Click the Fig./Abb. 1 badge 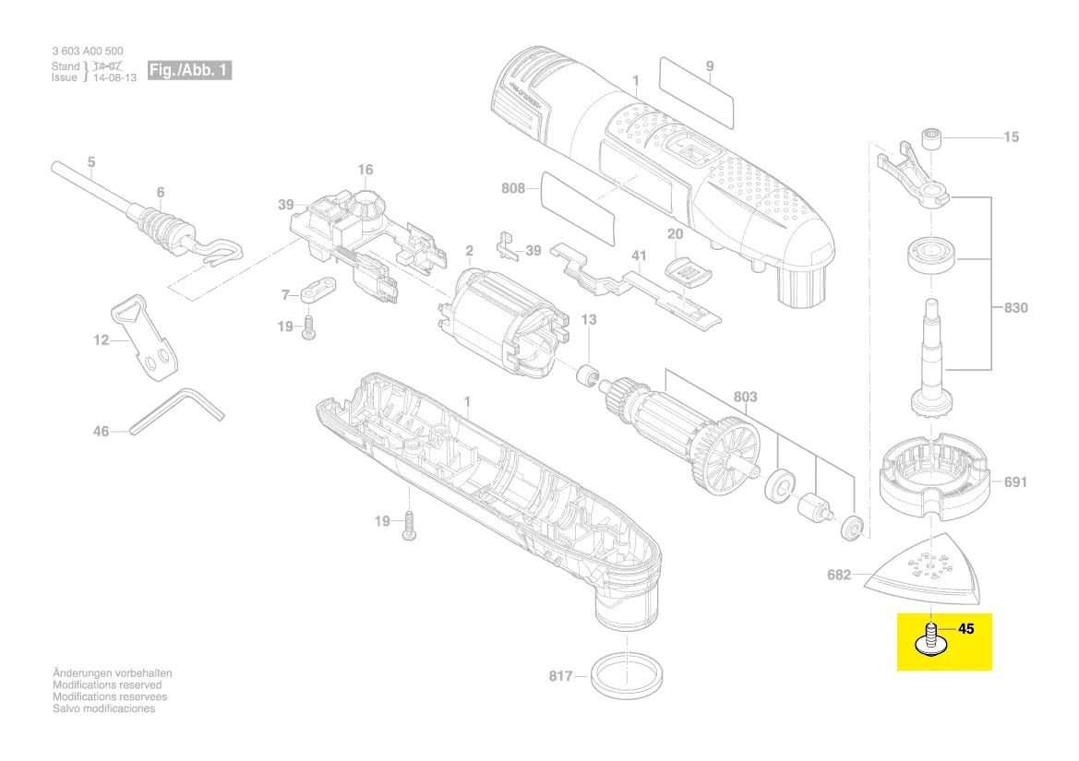189,70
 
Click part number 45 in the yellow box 966,629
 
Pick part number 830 1015,307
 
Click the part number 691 1015,482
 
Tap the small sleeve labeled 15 934,138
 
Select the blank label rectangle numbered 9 697,91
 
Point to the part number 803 745,397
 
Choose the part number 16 366,170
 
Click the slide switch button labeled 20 690,270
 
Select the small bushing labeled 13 582,378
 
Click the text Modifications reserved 107,685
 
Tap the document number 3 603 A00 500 88,53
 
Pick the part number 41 638,255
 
